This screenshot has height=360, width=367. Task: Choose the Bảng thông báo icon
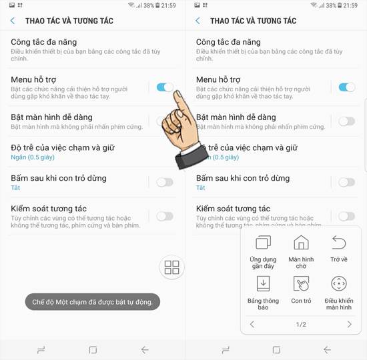263,284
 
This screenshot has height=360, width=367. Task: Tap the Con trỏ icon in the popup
301,284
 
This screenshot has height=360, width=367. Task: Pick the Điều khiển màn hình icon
339,284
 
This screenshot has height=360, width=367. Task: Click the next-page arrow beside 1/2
349,325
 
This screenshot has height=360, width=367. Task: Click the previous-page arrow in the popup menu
252,325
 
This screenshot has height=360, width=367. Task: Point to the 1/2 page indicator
301,325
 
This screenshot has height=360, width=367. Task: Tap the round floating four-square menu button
171,268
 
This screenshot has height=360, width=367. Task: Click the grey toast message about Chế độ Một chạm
92,302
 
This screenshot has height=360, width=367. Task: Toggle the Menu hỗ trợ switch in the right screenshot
347,87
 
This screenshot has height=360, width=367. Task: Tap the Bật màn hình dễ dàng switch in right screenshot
347,121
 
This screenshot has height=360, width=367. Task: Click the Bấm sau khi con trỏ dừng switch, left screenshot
164,182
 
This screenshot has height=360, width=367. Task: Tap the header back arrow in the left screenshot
13,21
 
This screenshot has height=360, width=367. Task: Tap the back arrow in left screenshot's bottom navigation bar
145,349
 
